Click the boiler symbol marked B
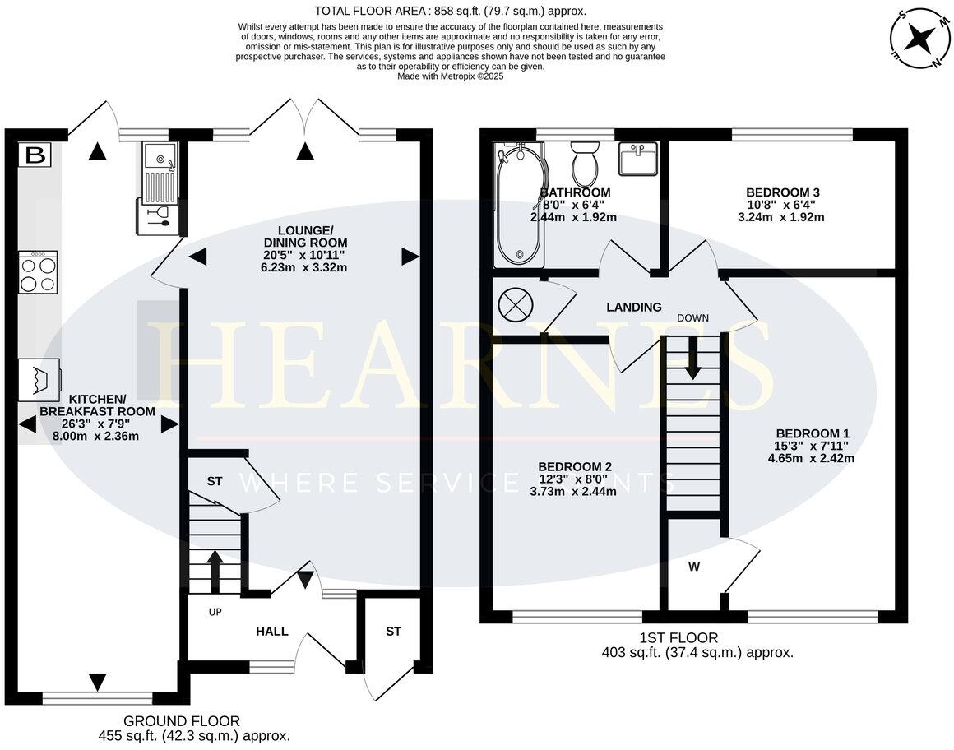(35, 155)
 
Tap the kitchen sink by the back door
(159, 174)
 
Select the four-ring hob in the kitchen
(38, 272)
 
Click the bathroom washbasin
(637, 158)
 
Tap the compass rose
(919, 39)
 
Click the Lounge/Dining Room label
(305, 237)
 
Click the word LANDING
(634, 308)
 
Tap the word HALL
(272, 632)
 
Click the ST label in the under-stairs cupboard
(214, 481)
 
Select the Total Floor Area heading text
(450, 11)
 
